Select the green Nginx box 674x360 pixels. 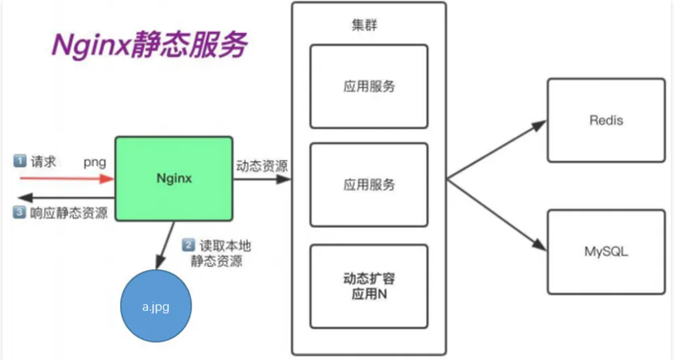tap(174, 178)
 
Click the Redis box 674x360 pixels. tap(605, 120)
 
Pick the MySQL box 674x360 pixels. tap(605, 251)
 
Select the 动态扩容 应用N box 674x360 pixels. tap(369, 286)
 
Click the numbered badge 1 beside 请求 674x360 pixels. tap(19, 162)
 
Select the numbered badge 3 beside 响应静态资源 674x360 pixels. tap(19, 213)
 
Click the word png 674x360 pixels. tap(95, 163)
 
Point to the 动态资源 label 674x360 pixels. tap(261, 166)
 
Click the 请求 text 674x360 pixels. tap(43, 162)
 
